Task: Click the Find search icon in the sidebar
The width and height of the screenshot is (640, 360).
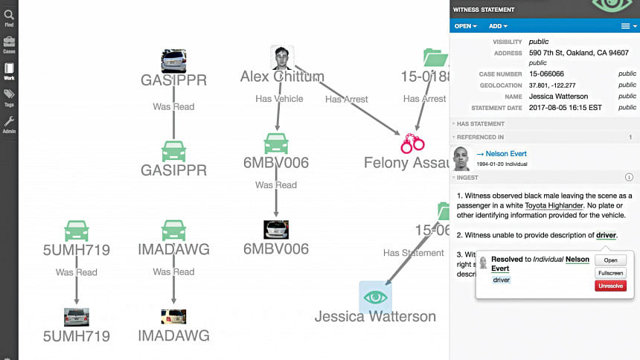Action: click(x=9, y=16)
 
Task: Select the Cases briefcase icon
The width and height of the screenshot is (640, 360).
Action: click(x=9, y=43)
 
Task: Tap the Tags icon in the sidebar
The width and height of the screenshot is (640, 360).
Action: click(x=9, y=96)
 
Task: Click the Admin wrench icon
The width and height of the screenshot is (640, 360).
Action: click(x=9, y=123)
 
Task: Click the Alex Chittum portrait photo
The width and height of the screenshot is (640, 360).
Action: click(x=281, y=58)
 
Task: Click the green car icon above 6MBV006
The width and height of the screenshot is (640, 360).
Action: click(x=276, y=143)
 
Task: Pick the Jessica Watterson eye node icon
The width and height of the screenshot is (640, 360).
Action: click(x=376, y=297)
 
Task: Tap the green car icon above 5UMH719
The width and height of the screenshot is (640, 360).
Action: click(x=77, y=230)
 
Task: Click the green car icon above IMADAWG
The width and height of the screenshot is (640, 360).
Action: click(x=173, y=230)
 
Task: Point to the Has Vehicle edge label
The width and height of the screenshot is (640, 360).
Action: click(x=279, y=98)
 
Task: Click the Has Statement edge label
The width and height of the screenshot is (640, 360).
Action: click(x=413, y=253)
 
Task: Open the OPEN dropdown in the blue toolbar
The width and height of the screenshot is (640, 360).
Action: click(x=466, y=26)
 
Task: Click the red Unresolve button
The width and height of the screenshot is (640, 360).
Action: click(x=611, y=286)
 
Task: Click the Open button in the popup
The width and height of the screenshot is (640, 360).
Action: click(x=611, y=260)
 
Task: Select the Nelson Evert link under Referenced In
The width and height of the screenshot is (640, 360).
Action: click(x=506, y=154)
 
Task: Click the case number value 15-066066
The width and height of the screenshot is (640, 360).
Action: click(x=546, y=74)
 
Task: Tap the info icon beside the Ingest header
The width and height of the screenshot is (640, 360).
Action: click(x=629, y=177)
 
